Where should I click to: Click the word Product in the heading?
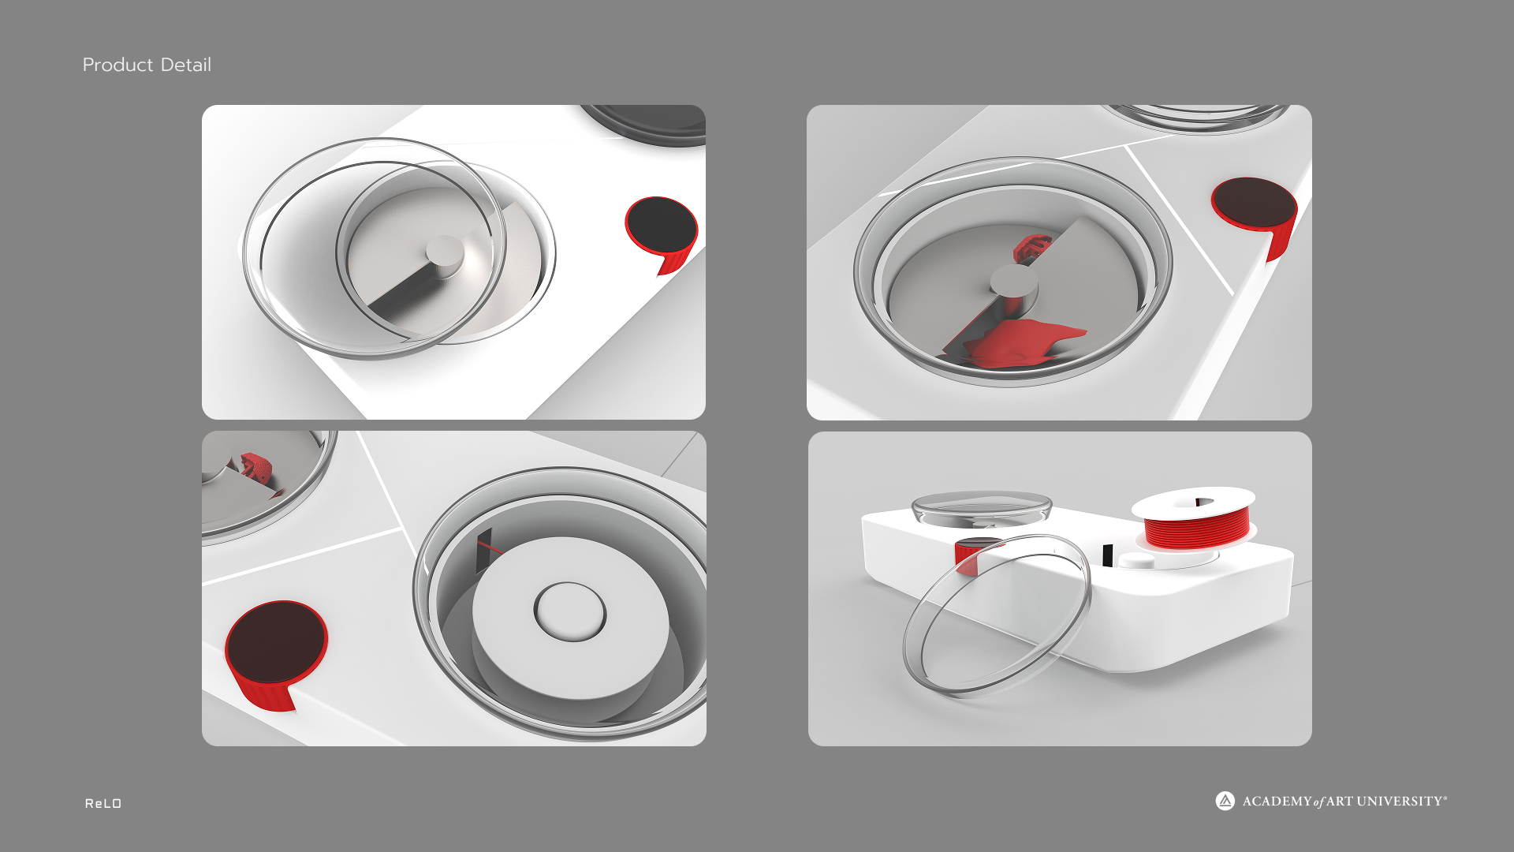[117, 65]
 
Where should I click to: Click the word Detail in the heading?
[186, 65]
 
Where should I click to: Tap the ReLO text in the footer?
[103, 803]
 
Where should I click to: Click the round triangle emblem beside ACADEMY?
[1225, 801]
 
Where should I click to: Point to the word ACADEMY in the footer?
[1277, 802]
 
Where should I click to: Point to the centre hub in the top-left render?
[445, 254]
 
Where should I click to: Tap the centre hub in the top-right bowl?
[1014, 282]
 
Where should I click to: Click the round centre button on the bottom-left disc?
[570, 611]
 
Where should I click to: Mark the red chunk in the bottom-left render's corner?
[256, 467]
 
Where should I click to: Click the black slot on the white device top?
[1108, 555]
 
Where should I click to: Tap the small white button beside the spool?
[1136, 561]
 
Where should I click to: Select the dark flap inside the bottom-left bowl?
[484, 551]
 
